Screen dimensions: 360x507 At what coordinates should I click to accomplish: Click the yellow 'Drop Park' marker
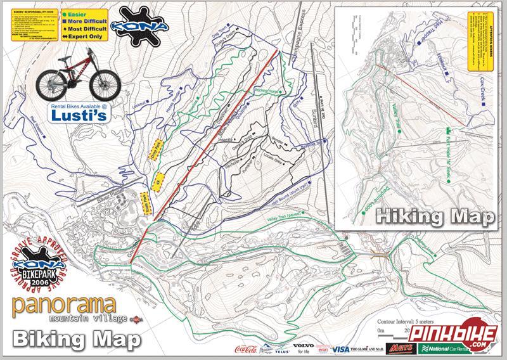point(158,147)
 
